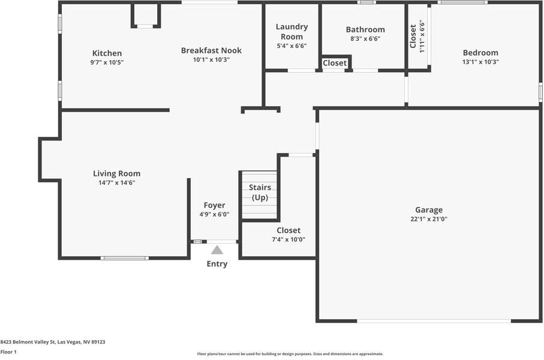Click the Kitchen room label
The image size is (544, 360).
[107, 53]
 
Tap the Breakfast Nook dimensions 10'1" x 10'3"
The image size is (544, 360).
[211, 59]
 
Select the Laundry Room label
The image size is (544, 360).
[291, 31]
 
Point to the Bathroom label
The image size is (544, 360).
[365, 29]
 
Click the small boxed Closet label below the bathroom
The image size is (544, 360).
[335, 63]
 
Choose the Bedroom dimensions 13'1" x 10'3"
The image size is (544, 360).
[480, 62]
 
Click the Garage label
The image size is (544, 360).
[429, 210]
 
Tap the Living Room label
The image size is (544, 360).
[116, 173]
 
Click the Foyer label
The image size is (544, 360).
[214, 205]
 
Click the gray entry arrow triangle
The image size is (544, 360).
[217, 250]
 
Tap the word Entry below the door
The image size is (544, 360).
[217, 264]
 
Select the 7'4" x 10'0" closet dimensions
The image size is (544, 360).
[288, 239]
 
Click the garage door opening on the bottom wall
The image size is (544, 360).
[434, 321]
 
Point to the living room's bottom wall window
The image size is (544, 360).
[124, 258]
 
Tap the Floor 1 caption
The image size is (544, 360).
[8, 352]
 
